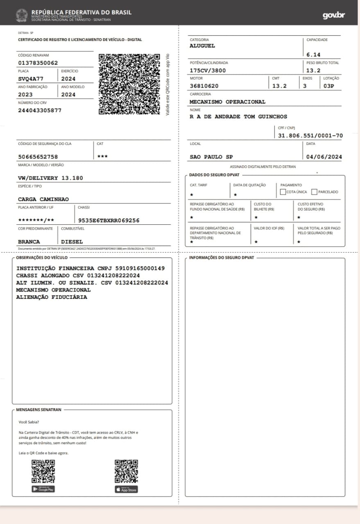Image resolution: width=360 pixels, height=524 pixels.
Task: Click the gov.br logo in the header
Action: [334, 15]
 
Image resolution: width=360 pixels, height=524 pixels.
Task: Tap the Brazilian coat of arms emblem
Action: [22, 15]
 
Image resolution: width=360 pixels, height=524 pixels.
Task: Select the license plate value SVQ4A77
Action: [31, 79]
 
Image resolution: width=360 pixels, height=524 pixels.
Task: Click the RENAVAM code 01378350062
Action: [38, 63]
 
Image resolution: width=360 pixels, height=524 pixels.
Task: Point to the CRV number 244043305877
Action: [40, 111]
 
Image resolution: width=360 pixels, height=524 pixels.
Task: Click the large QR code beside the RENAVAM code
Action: [129, 84]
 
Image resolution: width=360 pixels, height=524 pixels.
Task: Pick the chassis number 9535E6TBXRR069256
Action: [109, 220]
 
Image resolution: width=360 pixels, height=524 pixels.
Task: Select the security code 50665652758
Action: [38, 157]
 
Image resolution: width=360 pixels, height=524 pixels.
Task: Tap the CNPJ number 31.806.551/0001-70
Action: [310, 136]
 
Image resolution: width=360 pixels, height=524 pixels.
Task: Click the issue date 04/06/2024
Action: [324, 157]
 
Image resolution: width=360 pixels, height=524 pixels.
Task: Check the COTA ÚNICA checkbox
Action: [283, 192]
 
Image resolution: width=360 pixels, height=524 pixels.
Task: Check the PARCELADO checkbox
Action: [315, 192]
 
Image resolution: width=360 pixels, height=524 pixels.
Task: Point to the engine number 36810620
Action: [204, 86]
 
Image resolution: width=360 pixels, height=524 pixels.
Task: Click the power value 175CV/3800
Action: [208, 70]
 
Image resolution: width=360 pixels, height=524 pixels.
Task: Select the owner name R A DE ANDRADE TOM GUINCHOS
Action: [238, 117]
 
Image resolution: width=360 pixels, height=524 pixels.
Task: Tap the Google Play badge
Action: [43, 489]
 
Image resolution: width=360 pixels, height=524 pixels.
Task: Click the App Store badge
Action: [126, 489]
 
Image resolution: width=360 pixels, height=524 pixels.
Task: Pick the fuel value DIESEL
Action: [72, 242]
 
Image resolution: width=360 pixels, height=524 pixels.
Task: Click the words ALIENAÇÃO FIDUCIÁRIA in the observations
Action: [52, 297]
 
